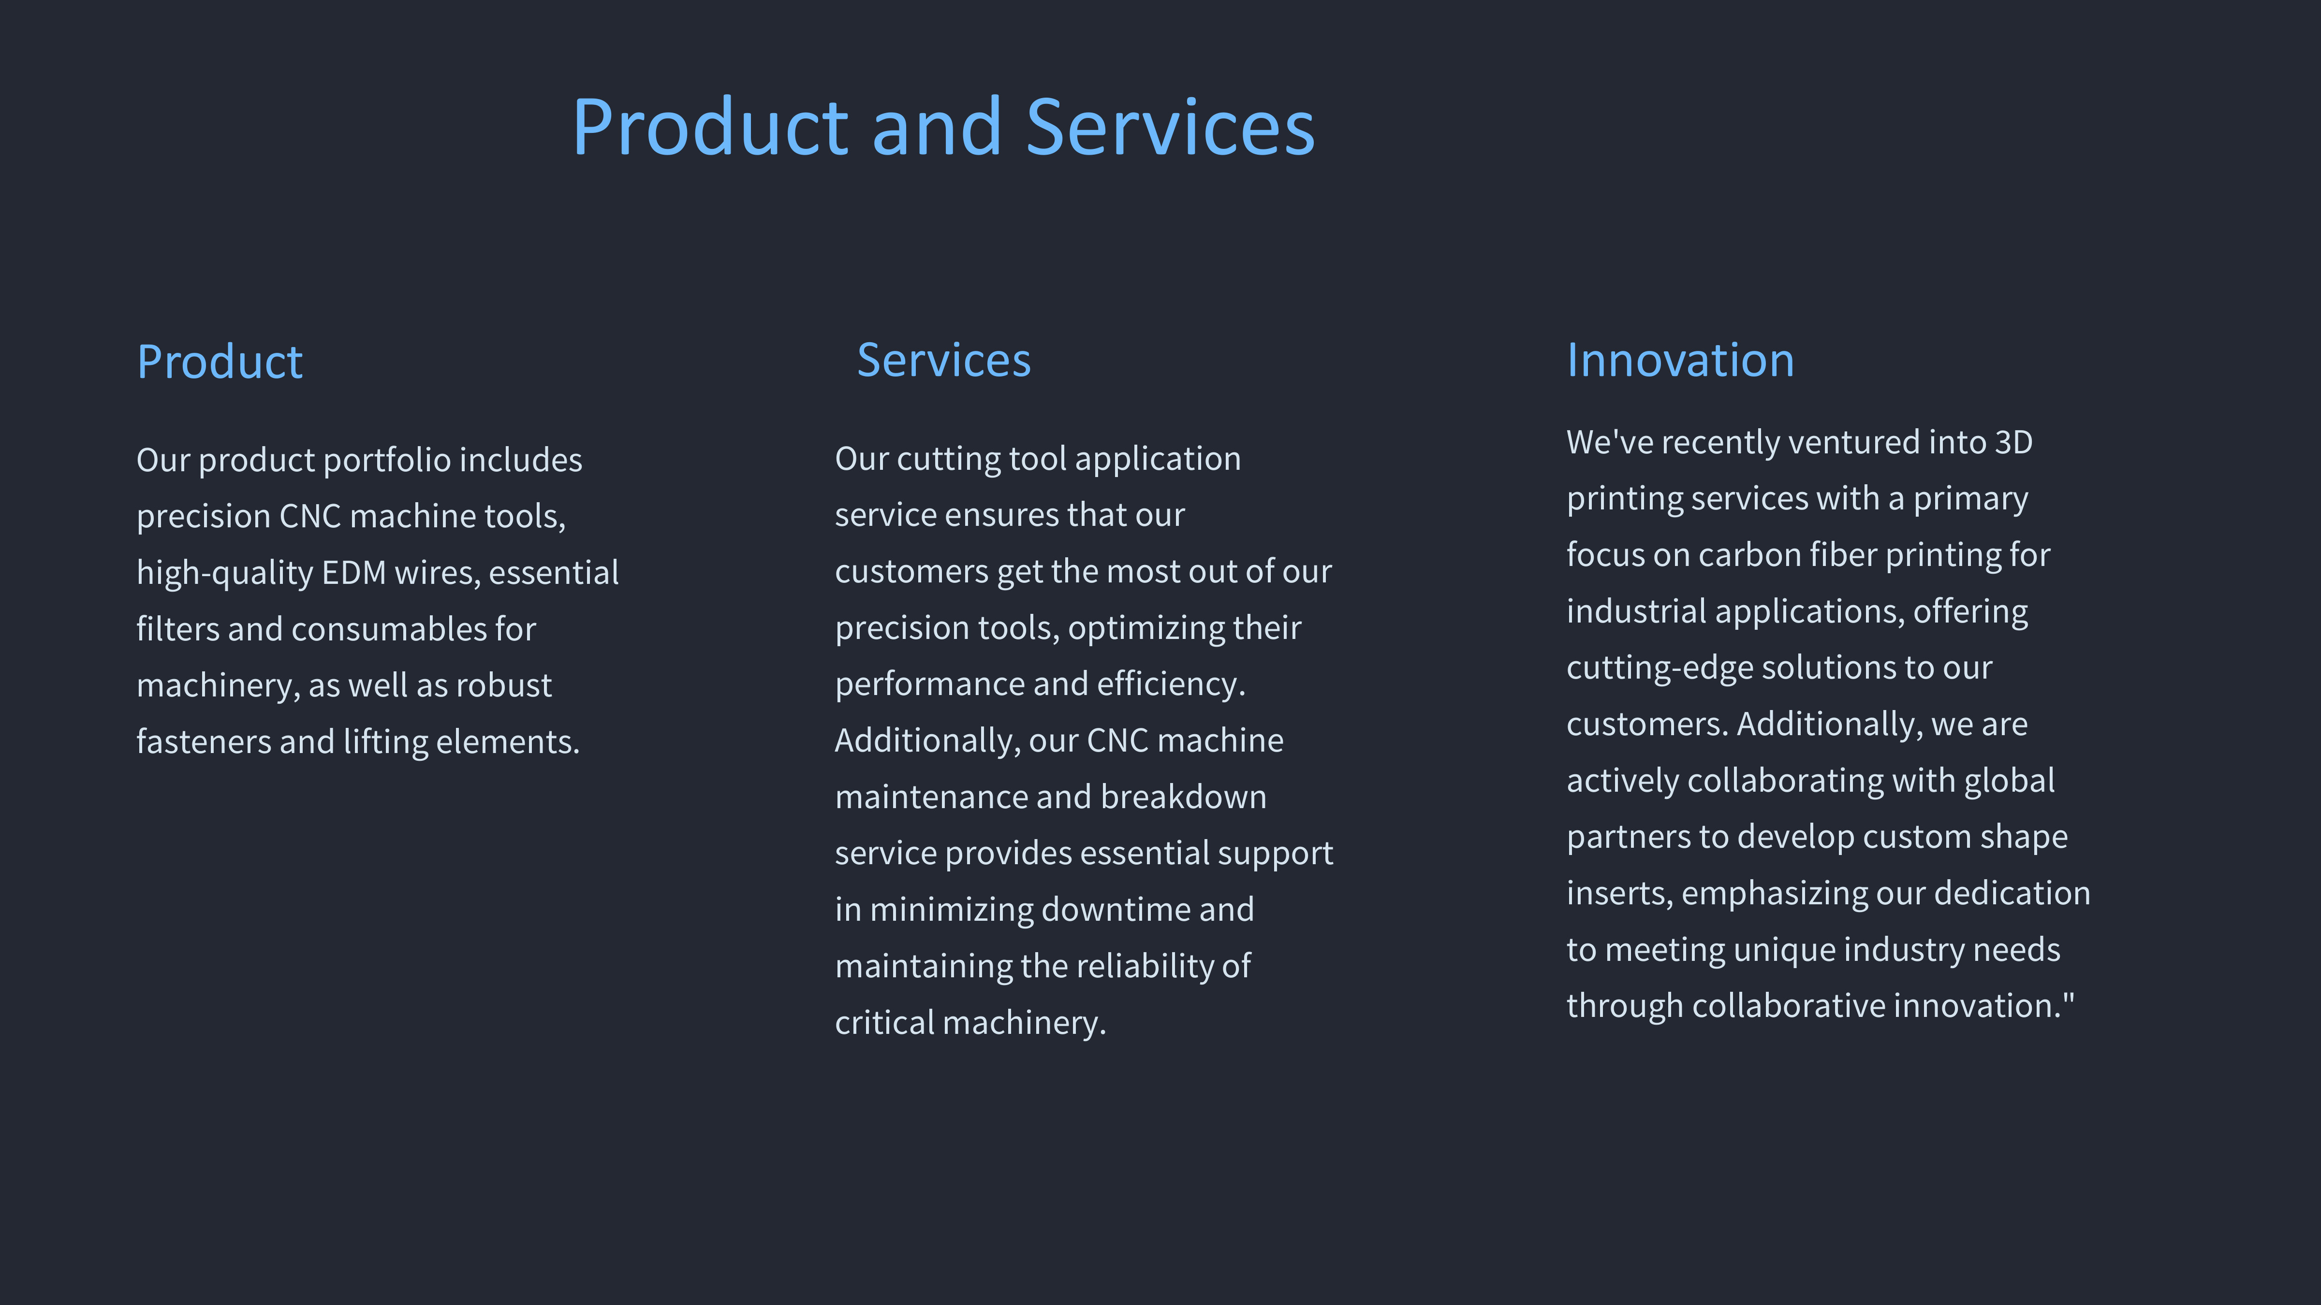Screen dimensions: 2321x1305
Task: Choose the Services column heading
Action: click(x=943, y=360)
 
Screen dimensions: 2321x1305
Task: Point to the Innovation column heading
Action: click(x=1680, y=360)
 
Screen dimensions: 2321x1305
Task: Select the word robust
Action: click(x=504, y=685)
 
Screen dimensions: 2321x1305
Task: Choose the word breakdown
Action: click(x=1183, y=797)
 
